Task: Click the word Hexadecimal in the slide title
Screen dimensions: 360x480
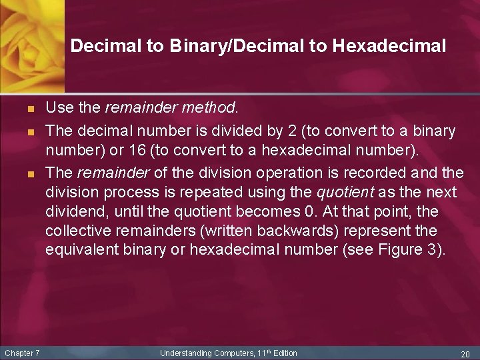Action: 389,46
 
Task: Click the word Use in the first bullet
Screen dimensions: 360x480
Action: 58,106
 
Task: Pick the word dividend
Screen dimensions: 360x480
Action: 73,212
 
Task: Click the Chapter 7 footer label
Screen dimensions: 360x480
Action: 22,353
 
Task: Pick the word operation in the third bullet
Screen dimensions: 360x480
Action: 280,173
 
